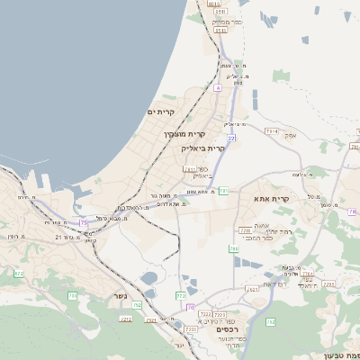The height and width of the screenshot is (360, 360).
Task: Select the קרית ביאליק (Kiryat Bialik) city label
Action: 204,148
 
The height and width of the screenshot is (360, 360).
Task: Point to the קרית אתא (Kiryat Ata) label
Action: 272,199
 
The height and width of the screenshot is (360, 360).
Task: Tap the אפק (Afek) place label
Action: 315,135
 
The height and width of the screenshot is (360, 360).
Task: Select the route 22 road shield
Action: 231,138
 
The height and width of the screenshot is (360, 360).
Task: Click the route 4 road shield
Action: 218,88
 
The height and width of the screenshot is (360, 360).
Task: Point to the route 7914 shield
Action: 272,131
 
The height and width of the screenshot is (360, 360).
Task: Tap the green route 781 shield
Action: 223,191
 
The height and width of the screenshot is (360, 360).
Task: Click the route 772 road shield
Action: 181,295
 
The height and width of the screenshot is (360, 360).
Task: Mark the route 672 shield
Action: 19,273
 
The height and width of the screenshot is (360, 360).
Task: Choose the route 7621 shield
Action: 253,289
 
